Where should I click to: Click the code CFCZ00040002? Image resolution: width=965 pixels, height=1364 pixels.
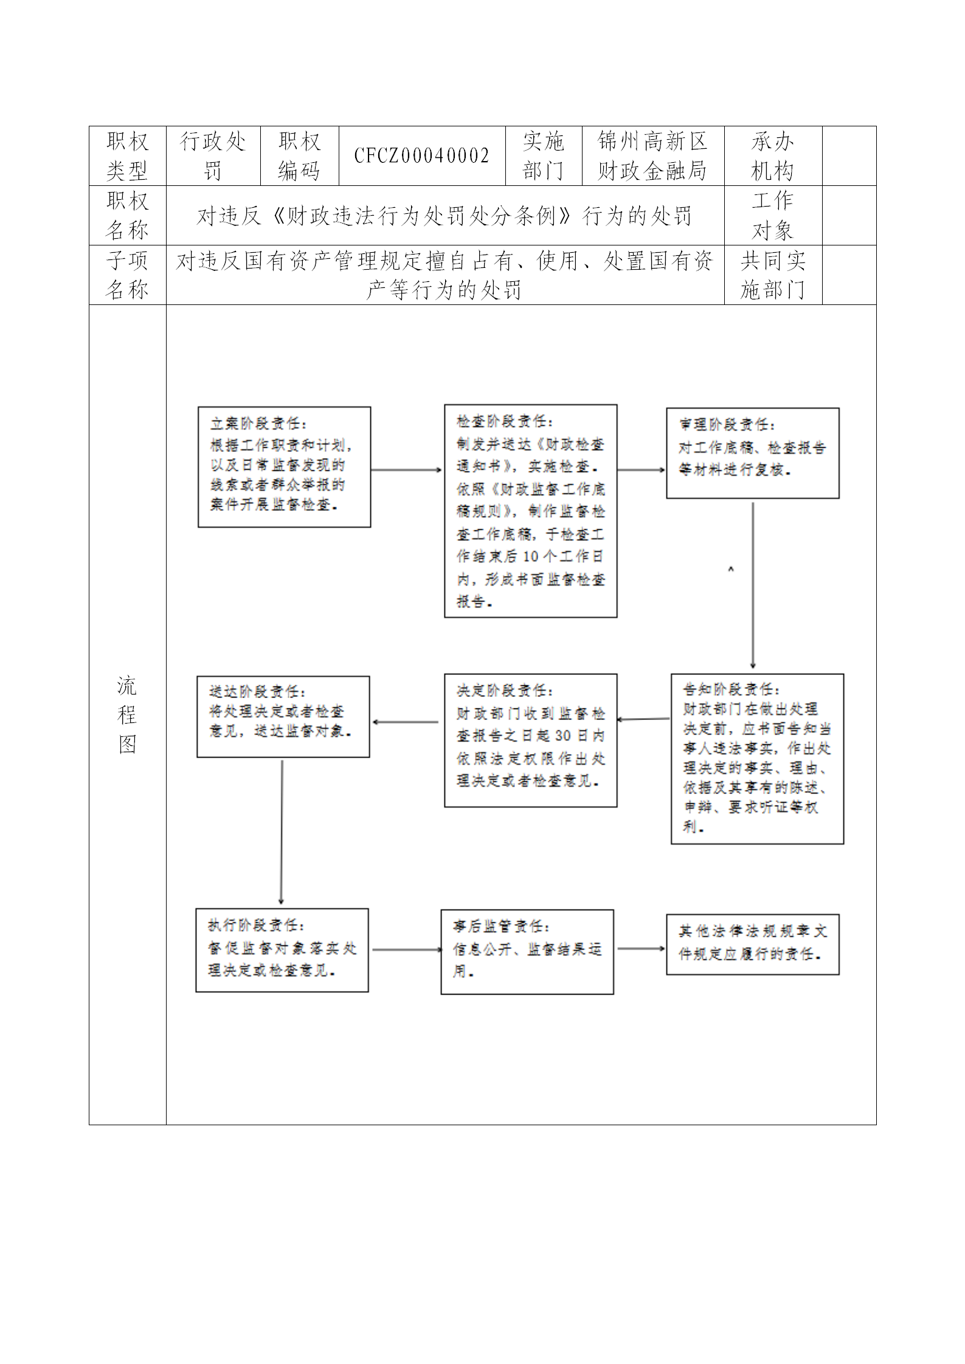click(421, 156)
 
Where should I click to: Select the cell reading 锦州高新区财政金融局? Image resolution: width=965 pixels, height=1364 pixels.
click(652, 156)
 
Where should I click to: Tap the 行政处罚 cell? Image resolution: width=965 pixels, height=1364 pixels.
click(213, 156)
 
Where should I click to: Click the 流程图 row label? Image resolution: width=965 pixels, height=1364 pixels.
click(127, 715)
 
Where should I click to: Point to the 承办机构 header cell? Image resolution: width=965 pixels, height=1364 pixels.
click(772, 156)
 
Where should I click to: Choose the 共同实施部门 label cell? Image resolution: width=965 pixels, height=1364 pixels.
click(772, 275)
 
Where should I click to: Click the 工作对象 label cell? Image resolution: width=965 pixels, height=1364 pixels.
click(772, 216)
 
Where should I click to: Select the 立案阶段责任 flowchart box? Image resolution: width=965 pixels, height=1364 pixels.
click(284, 467)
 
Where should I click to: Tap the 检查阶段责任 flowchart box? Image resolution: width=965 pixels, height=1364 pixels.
click(530, 511)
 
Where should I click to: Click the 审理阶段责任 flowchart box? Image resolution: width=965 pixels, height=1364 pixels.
click(752, 453)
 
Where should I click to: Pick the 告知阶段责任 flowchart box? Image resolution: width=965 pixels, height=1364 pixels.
click(757, 758)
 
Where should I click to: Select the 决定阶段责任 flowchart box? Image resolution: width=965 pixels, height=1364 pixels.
click(530, 740)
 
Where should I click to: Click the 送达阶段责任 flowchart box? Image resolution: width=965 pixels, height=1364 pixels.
click(283, 716)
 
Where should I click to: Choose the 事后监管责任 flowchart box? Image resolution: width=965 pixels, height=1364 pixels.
click(527, 951)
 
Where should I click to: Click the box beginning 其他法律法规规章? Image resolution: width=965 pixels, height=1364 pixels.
click(752, 944)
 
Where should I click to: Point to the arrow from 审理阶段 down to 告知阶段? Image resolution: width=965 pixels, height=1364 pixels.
click(753, 586)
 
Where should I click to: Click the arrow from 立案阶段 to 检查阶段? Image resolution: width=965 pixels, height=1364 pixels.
click(406, 470)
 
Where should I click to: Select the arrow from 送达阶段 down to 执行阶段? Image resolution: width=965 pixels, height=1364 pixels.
click(282, 832)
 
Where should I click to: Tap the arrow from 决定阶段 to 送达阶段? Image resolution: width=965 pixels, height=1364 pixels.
click(406, 722)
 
